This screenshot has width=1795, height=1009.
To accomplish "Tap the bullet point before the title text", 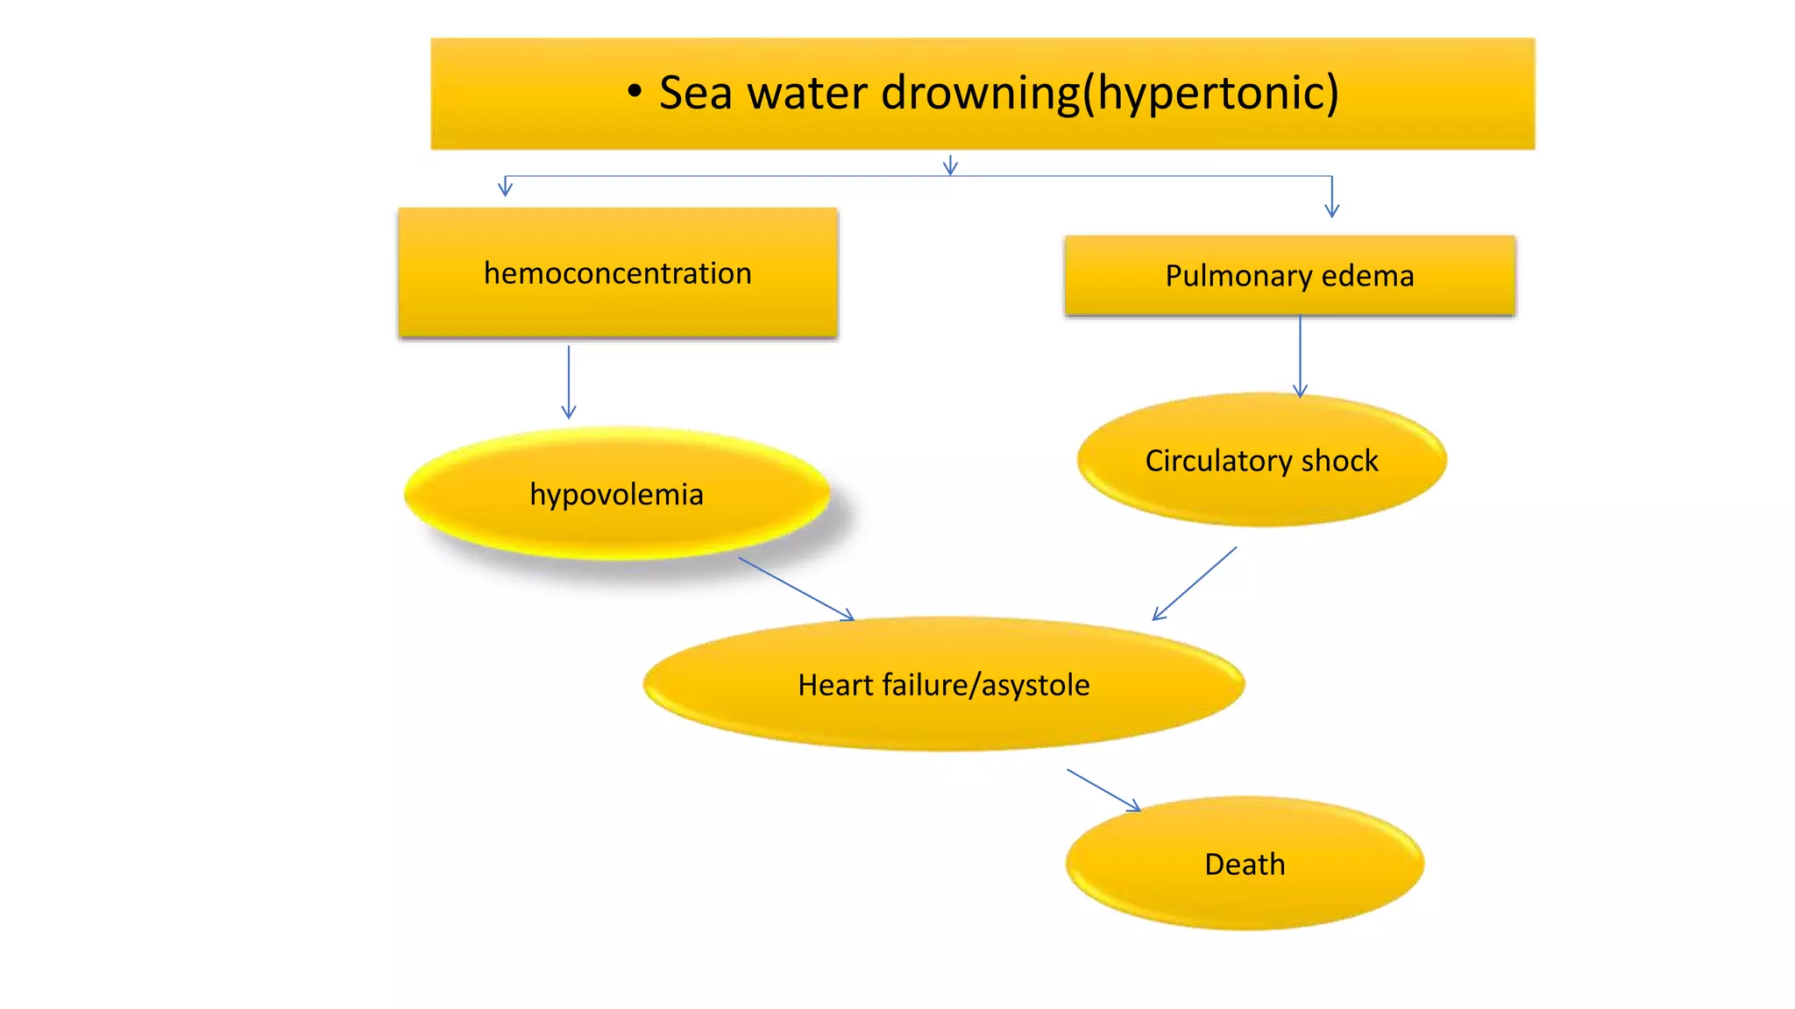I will click(635, 91).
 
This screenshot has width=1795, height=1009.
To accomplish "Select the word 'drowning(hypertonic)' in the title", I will click(1110, 95).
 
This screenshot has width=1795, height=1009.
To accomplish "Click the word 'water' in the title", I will click(806, 94).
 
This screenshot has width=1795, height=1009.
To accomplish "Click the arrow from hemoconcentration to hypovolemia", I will click(569, 382).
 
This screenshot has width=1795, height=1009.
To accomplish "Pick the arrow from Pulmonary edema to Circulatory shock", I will click(1300, 356).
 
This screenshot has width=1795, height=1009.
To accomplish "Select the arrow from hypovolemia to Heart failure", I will click(796, 589).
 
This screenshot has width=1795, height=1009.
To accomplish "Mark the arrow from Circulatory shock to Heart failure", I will click(1195, 584).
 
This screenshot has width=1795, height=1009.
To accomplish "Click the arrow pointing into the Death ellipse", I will click(1103, 790).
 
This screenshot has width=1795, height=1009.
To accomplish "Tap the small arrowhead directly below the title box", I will click(950, 166).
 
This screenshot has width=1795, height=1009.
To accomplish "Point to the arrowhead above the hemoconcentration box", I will click(505, 187).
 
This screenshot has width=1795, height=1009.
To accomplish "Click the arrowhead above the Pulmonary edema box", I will click(1331, 208).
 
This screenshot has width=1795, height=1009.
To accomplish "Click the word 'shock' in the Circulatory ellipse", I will click(1339, 462).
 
